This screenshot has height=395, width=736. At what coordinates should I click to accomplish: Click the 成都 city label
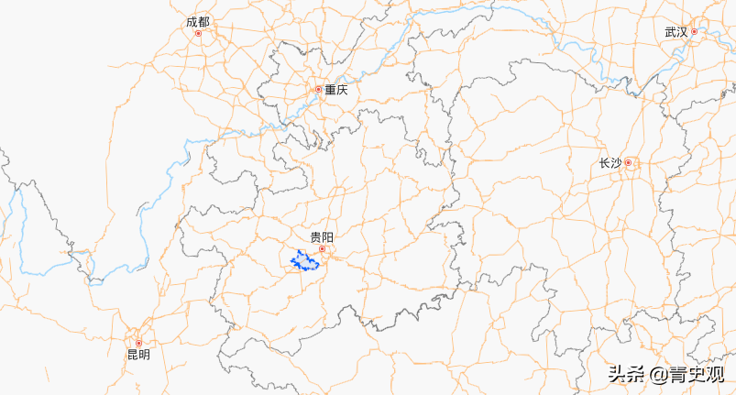(197, 21)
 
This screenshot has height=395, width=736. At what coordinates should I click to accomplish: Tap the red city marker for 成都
(198, 33)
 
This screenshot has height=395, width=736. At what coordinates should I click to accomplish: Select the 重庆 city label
(335, 90)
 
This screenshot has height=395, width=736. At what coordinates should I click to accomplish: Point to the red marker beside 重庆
(319, 90)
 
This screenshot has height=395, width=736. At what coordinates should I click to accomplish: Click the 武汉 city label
(676, 32)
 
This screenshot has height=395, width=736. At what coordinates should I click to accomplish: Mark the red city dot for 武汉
(695, 32)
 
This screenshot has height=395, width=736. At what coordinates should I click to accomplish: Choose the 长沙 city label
(610, 163)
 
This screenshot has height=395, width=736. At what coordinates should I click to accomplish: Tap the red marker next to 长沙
(629, 163)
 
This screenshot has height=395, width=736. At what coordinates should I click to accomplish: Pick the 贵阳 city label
(322, 236)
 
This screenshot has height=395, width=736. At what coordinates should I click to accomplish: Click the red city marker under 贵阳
(322, 248)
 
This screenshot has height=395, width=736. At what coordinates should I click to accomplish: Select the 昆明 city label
(138, 355)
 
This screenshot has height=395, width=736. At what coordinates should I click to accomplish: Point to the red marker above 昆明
(139, 343)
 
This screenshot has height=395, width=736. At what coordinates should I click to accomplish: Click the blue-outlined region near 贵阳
(305, 262)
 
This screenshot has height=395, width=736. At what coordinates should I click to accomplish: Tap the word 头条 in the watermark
(627, 374)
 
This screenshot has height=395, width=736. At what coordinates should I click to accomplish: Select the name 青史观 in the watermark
(697, 374)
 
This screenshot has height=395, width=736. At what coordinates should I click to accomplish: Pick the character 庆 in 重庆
(342, 90)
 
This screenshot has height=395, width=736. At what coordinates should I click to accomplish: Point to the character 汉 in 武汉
(682, 32)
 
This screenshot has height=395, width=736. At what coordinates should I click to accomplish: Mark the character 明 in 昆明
(145, 355)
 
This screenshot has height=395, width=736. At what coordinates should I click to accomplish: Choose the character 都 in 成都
(203, 21)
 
